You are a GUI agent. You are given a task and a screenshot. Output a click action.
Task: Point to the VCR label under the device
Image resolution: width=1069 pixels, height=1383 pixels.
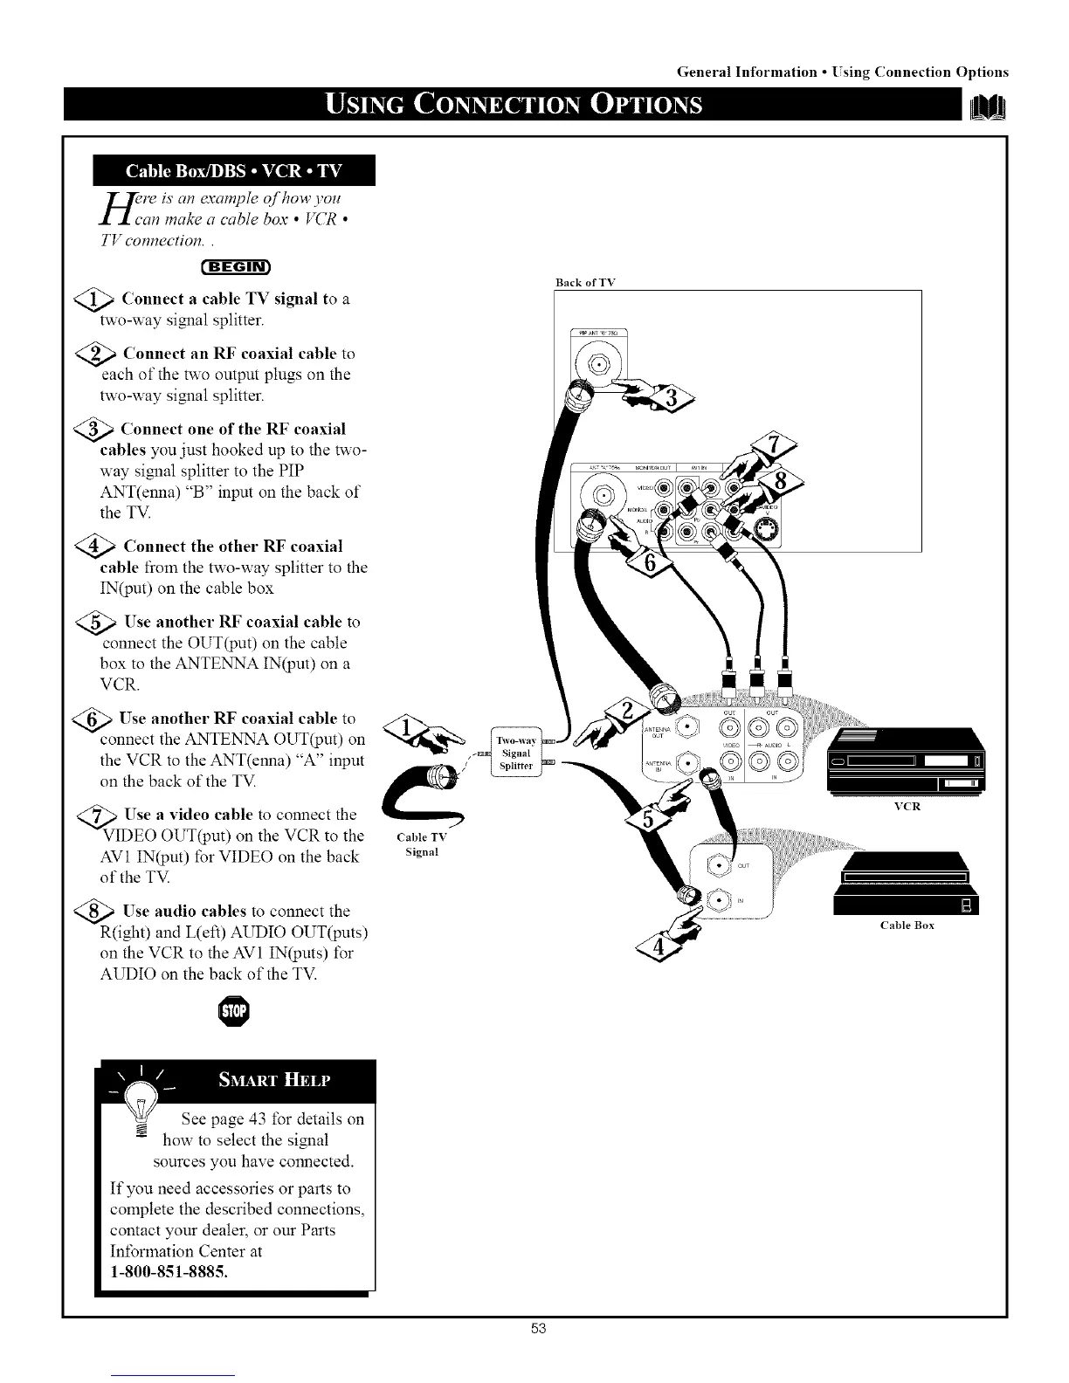(x=907, y=807)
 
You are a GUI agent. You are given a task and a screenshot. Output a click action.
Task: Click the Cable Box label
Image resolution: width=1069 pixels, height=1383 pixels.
(x=907, y=925)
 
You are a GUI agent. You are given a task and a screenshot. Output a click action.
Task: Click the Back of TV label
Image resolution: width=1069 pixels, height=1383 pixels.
(x=585, y=282)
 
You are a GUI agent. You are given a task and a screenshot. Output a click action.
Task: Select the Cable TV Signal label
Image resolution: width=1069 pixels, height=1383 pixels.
(x=422, y=844)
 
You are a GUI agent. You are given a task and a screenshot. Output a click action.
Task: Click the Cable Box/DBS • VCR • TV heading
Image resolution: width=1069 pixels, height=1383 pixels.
(x=235, y=169)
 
